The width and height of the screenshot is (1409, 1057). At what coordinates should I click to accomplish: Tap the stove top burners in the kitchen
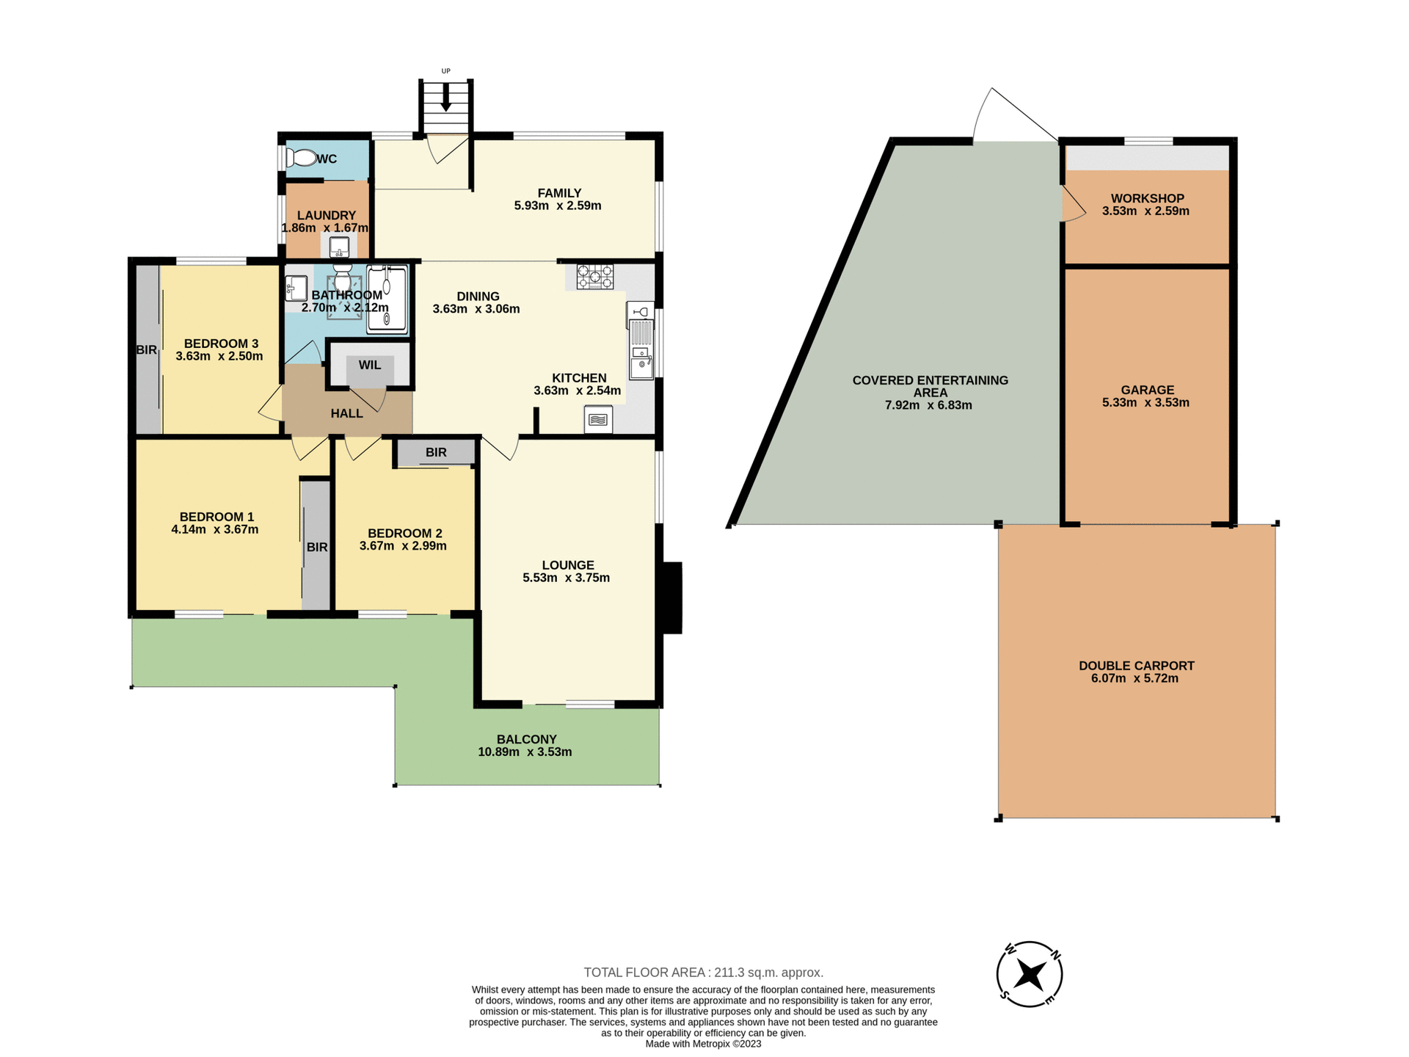click(594, 277)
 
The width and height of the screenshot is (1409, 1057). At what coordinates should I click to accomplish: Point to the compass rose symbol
click(1030, 975)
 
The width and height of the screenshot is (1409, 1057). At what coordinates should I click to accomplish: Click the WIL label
click(370, 365)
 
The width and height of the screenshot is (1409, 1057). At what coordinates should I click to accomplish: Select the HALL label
click(346, 413)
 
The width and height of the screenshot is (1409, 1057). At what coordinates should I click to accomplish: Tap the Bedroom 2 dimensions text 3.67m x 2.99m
click(403, 546)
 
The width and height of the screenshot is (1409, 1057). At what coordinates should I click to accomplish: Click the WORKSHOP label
click(1147, 198)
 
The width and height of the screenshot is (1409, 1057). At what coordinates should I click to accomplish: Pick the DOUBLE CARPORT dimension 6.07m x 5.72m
click(1135, 678)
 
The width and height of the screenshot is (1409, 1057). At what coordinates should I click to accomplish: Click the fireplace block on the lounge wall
click(672, 597)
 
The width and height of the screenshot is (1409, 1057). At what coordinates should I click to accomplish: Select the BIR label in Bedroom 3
click(147, 350)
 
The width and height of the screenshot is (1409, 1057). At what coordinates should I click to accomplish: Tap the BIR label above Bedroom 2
click(436, 452)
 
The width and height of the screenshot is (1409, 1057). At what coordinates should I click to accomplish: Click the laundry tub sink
click(339, 247)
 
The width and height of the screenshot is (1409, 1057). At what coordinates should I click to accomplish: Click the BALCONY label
click(526, 739)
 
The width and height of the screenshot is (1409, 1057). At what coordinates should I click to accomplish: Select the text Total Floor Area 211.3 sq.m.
click(703, 973)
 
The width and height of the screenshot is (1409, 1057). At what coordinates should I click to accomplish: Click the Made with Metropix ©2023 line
click(703, 1044)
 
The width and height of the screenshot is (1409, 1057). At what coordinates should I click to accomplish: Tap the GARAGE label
click(1147, 390)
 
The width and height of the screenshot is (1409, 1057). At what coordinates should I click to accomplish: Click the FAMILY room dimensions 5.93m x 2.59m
click(558, 206)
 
